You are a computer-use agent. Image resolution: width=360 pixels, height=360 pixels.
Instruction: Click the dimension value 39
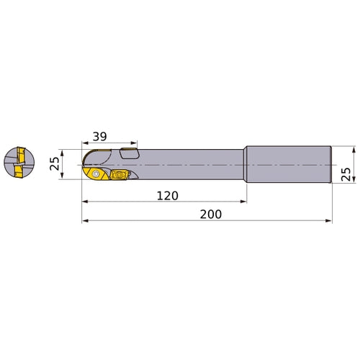[x=99, y=137]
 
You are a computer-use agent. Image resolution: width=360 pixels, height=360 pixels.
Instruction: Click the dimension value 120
[x=168, y=196]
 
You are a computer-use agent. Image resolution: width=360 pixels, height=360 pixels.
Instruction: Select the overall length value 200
[x=211, y=215]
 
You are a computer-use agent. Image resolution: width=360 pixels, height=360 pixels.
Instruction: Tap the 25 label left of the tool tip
[x=55, y=163]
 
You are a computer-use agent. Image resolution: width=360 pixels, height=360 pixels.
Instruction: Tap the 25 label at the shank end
[x=346, y=174]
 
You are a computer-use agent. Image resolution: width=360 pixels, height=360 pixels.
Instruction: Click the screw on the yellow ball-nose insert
[x=96, y=173]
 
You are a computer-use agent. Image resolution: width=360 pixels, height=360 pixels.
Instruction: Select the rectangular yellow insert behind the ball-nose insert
[x=120, y=174]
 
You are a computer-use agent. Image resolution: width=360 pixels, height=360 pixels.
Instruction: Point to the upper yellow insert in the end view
[x=21, y=155]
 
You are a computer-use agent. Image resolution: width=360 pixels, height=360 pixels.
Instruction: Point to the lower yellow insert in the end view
[x=19, y=172]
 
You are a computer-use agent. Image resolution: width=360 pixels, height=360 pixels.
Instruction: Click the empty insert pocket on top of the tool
[x=130, y=153]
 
